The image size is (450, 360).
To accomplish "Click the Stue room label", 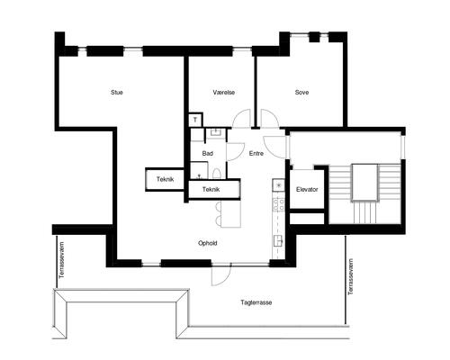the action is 117,93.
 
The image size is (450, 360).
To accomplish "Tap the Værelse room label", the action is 224,93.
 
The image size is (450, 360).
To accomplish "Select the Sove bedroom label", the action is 301,93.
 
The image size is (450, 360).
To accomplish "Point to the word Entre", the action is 256,154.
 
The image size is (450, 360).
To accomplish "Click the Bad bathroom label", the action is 207,154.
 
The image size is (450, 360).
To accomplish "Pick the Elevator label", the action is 307,190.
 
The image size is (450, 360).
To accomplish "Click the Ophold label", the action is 208,243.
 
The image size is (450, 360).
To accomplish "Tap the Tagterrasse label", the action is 256,302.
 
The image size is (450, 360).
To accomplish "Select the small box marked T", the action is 195,120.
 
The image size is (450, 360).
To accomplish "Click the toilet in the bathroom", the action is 217,174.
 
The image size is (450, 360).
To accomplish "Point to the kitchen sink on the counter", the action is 278,240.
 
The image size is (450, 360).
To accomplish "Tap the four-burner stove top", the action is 278,204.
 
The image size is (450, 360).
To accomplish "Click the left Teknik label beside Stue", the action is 165,179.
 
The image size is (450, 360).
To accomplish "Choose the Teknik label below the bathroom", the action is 211,190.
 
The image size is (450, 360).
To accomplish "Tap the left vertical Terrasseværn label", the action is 62,260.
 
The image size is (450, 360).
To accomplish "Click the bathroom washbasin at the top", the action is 215,132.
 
